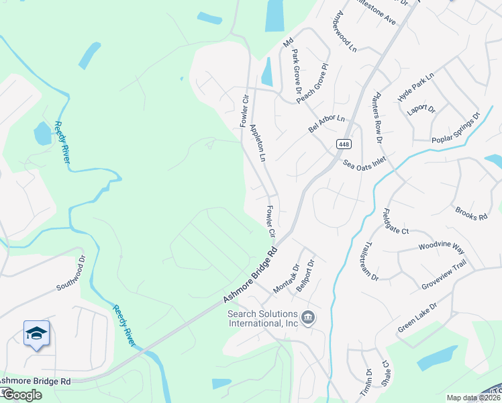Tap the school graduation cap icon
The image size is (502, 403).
36,333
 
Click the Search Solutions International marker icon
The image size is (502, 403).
308,317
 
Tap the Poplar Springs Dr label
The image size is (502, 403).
456,128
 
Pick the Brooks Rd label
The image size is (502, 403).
470,214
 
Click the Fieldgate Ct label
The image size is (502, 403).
395,222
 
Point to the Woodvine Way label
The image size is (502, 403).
441,247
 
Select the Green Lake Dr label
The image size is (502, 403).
417,317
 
